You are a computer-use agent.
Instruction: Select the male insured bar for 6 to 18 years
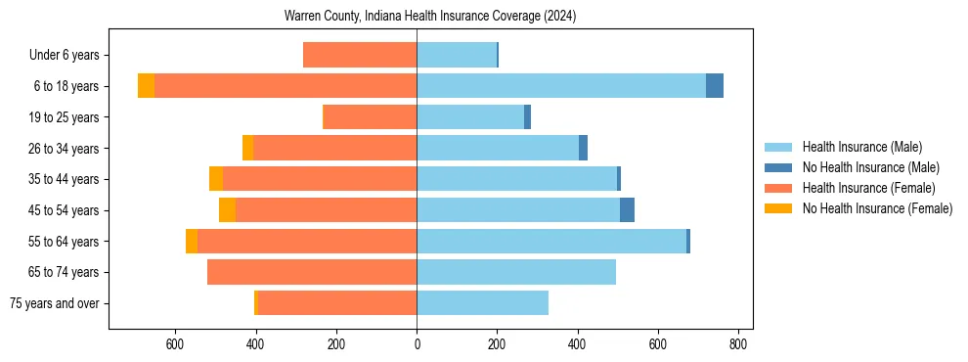coord(561,86)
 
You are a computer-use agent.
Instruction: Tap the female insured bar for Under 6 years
coord(360,55)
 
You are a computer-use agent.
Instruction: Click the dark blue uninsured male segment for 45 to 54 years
coord(627,210)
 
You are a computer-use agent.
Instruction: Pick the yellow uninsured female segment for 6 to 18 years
coord(146,86)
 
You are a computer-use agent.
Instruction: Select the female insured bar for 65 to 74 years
coord(312,272)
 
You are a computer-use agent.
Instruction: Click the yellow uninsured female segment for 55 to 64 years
coord(192,242)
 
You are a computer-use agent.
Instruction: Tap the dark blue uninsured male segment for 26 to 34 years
coord(583,148)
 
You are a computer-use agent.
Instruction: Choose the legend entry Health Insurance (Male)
coord(861,147)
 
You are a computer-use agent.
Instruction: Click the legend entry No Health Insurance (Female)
coord(877,208)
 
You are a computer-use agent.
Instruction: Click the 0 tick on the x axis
coord(417,344)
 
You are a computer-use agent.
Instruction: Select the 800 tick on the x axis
coord(738,344)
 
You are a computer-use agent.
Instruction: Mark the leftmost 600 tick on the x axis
coord(175,344)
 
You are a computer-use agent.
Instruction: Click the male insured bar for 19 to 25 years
coord(470,117)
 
